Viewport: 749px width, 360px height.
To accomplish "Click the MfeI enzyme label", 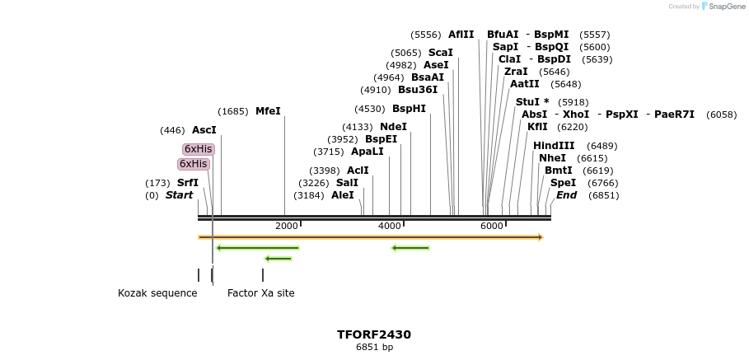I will pyautogui.click(x=268, y=111).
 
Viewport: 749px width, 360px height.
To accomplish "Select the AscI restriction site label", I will pyautogui.click(x=204, y=130).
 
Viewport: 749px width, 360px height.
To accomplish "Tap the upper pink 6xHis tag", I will pyautogui.click(x=198, y=149).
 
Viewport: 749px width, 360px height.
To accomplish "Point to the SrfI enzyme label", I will pyautogui.click(x=187, y=183).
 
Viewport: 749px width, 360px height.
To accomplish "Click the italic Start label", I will pyautogui.click(x=179, y=195).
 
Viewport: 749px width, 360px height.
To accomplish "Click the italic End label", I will pyautogui.click(x=566, y=195).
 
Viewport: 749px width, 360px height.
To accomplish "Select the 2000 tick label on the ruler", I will pyautogui.click(x=286, y=226).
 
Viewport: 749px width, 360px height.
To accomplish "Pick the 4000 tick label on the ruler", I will pyautogui.click(x=389, y=226).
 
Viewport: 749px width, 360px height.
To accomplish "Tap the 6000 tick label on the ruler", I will pyautogui.click(x=491, y=226).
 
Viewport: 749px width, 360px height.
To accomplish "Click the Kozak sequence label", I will pyautogui.click(x=157, y=293).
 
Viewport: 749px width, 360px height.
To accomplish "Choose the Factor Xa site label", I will pyautogui.click(x=260, y=293).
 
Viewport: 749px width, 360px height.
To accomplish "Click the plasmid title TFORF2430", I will pyautogui.click(x=374, y=334).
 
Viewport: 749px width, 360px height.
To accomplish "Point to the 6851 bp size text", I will pyautogui.click(x=374, y=348).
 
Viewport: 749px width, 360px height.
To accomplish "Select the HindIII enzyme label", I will pyautogui.click(x=554, y=146).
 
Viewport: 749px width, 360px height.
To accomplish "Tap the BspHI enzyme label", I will pyautogui.click(x=409, y=109).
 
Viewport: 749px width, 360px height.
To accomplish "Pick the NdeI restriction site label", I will pyautogui.click(x=393, y=127).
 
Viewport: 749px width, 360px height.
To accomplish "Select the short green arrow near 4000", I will pyautogui.click(x=410, y=247).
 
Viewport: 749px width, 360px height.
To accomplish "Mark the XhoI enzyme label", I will pyautogui.click(x=576, y=115).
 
